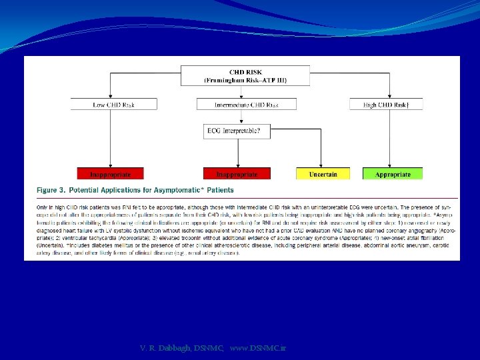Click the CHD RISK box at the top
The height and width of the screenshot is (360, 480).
tap(246, 75)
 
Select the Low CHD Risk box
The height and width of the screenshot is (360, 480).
tap(114, 104)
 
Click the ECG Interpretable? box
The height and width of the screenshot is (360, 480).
tap(237, 132)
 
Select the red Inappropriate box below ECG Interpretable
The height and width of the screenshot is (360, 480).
tap(237, 174)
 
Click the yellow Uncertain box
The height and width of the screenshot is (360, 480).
tap(323, 174)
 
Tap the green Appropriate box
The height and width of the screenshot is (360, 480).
tap(393, 174)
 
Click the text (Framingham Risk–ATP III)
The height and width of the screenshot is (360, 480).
tap(246, 80)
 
